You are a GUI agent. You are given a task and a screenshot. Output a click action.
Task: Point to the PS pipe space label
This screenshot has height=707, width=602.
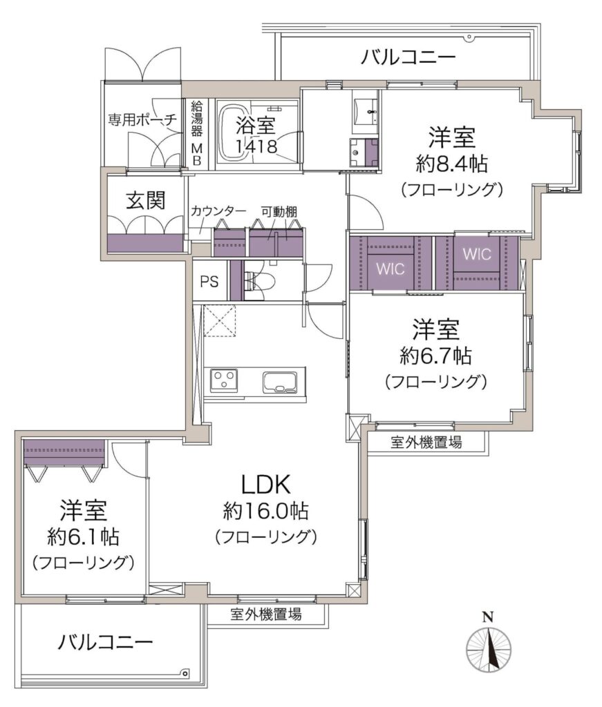coord(209,282)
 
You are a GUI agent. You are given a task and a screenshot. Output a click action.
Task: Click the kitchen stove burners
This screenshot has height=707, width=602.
coord(224,380)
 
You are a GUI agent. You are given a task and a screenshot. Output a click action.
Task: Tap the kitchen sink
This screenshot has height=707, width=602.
coord(280,380)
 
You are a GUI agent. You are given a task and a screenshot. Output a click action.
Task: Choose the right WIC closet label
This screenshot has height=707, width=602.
coord(477,253)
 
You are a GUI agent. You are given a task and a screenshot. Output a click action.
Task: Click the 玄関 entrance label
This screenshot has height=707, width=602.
coord(145,200)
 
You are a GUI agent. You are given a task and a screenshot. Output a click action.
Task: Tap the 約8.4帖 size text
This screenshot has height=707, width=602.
coord(453,164)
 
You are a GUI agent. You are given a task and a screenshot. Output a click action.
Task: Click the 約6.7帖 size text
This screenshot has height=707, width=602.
coord(435,356)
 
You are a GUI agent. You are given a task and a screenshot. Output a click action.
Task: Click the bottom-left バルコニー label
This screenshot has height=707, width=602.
coord(105,643)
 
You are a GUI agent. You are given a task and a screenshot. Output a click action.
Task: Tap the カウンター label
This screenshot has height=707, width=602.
coord(218,211)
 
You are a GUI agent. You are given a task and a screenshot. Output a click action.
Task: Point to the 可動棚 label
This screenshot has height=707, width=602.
coord(276,211)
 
